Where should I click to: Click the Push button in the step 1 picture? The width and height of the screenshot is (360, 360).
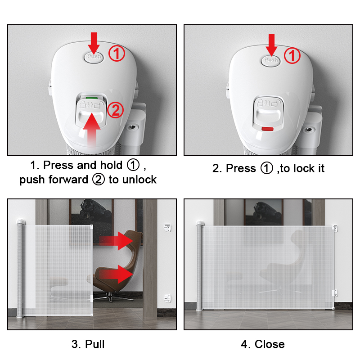click(94, 57)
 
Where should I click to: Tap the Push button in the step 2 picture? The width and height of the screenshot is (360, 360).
click(271, 61)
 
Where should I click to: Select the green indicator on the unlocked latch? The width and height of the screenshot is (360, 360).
click(92, 98)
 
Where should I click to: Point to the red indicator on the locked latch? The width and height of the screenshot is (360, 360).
click(268, 129)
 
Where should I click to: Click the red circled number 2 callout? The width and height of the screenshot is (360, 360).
click(116, 110)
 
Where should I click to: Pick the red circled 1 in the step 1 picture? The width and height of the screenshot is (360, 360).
click(117, 54)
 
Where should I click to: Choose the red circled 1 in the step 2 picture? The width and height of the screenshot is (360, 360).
click(292, 55)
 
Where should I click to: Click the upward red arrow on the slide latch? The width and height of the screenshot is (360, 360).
click(92, 130)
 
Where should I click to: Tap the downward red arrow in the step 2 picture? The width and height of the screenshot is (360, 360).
click(271, 45)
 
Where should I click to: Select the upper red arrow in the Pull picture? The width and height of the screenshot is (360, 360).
click(116, 241)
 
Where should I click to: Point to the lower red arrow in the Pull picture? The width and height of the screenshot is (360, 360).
click(116, 274)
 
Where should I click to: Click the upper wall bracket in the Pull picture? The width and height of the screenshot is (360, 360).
click(167, 228)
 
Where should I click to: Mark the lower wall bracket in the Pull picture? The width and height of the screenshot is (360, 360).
click(167, 298)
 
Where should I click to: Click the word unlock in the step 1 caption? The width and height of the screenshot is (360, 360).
click(139, 180)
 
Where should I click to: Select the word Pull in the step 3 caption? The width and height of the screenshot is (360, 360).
click(95, 344)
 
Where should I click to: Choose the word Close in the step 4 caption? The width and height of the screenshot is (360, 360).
click(270, 344)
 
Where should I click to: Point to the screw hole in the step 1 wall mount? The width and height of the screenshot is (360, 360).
click(132, 127)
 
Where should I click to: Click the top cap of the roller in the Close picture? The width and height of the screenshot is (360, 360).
click(200, 223)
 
